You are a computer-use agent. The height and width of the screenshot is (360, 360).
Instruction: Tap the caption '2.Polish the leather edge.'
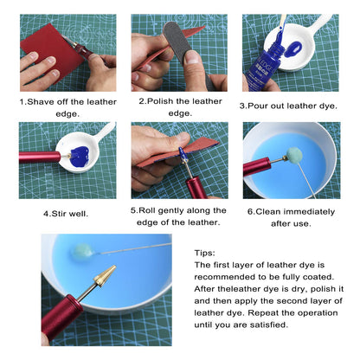coord(179,106)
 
